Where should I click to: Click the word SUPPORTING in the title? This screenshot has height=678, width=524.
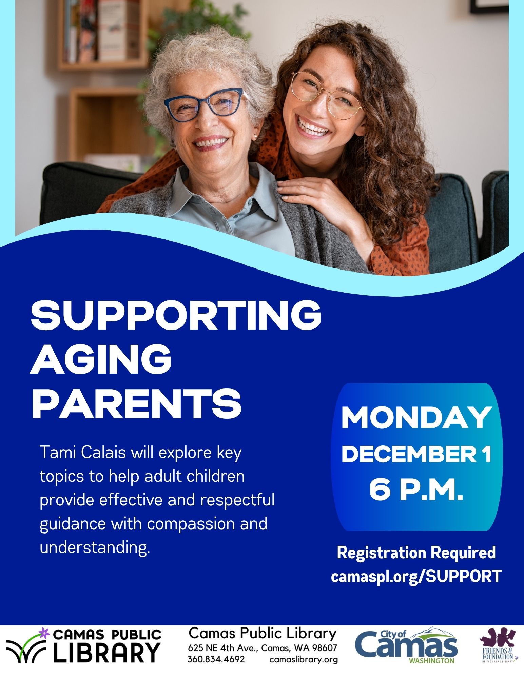click(x=176, y=316)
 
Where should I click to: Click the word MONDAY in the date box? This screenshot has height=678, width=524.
click(x=416, y=418)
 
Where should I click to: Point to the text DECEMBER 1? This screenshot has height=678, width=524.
click(x=416, y=454)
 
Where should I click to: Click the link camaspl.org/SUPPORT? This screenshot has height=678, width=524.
click(x=416, y=576)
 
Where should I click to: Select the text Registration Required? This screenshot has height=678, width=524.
click(x=416, y=553)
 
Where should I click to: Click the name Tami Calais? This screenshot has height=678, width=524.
click(x=83, y=452)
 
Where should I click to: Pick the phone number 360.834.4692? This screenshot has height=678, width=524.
click(x=216, y=659)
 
